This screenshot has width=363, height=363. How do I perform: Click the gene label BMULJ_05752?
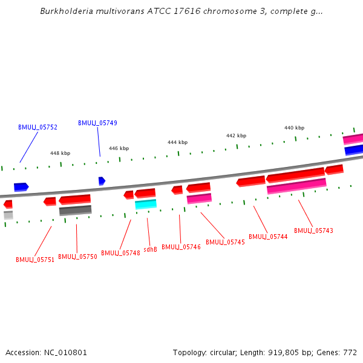(38, 128)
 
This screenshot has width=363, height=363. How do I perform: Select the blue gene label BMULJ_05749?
(97, 123)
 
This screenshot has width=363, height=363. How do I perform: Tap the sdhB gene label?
(151, 249)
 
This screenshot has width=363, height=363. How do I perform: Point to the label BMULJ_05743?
(313, 231)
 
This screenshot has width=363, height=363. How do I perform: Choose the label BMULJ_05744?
(268, 237)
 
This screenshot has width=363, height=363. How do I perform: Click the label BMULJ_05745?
(225, 242)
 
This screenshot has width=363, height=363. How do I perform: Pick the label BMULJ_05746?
(181, 247)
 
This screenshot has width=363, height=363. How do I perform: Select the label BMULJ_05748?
(120, 253)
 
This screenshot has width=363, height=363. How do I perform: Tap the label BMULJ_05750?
(77, 257)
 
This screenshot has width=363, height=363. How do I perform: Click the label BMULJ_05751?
(35, 260)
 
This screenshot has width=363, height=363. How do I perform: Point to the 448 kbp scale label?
(60, 154)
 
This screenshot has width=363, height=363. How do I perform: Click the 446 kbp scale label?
(119, 148)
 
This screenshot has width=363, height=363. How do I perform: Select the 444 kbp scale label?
(177, 142)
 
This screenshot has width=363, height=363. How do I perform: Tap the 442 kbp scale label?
(236, 136)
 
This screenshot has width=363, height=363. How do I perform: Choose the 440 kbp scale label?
(294, 128)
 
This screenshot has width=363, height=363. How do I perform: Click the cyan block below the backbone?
(146, 204)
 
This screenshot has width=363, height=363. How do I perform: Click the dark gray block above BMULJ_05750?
(76, 211)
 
